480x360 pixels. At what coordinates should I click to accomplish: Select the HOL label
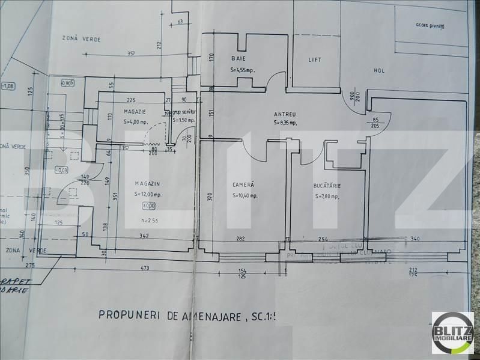[x=379, y=70]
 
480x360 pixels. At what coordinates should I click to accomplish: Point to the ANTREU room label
[x=285, y=114]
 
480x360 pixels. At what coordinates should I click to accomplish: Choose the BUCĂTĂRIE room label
[x=327, y=186]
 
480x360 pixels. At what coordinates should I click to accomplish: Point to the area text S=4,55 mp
[x=243, y=70]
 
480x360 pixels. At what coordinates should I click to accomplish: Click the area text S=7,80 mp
[x=326, y=196]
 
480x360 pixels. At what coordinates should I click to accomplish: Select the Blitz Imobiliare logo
[x=452, y=333]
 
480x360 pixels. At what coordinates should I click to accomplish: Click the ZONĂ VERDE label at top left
[x=82, y=39]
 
